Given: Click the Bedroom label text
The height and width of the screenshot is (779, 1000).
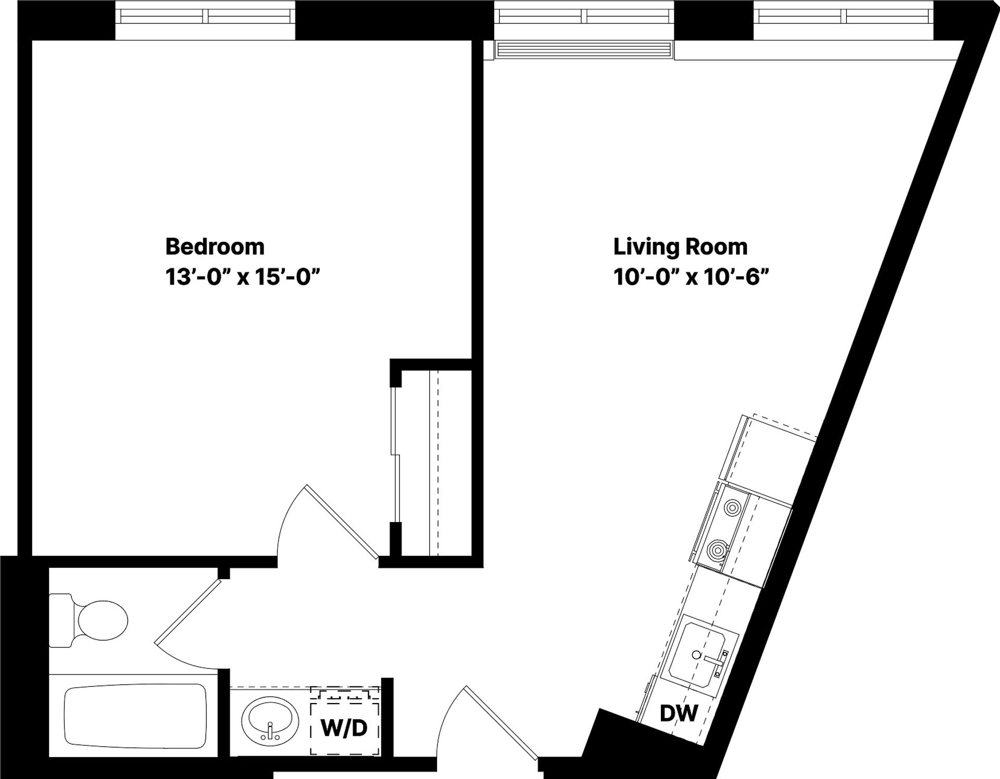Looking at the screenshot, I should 215,247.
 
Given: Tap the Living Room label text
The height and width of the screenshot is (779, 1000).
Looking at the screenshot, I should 680,247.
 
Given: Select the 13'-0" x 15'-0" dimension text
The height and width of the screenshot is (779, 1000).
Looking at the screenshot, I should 242,277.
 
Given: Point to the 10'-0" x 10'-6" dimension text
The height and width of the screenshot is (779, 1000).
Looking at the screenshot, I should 691,277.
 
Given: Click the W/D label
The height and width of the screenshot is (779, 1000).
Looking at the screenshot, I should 344,728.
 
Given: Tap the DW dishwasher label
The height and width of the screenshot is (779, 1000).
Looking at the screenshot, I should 678,713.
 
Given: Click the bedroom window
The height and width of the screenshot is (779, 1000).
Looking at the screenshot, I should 205,17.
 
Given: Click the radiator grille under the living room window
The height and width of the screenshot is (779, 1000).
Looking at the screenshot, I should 583,49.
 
